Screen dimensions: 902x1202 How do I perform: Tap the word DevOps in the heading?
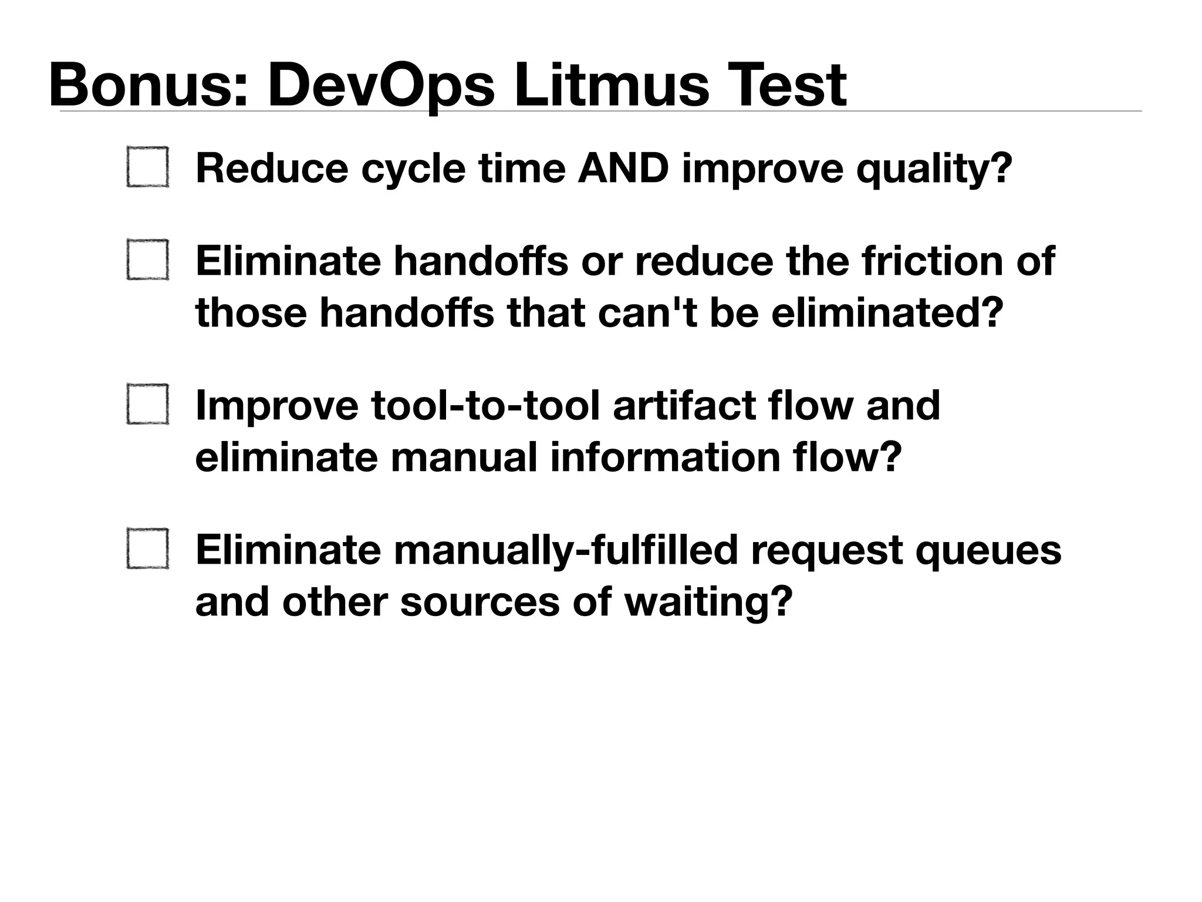click(381, 86)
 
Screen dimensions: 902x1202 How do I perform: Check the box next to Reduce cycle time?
click(148, 167)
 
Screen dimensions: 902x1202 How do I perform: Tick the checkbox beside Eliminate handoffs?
click(148, 260)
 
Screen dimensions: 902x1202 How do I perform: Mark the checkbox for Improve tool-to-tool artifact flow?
click(148, 404)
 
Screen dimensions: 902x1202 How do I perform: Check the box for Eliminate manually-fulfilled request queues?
click(148, 549)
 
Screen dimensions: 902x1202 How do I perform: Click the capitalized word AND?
click(623, 168)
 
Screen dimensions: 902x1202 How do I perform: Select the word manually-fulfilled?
click(565, 551)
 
